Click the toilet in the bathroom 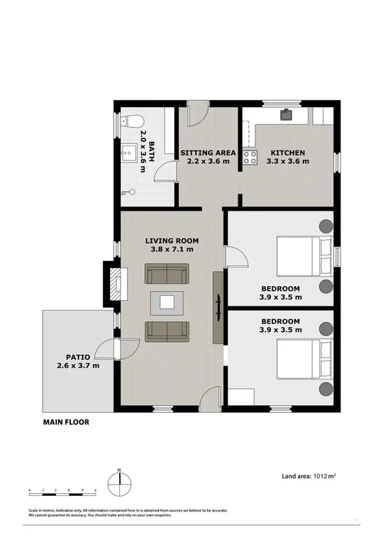coord(128,121)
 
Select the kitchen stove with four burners coord(250,157)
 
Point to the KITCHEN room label coord(287,153)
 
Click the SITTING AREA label coord(208,153)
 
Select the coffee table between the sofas coord(167,302)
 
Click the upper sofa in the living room coord(167,274)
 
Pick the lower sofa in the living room coord(167,331)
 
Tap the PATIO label coord(78,357)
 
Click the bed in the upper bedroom coord(304,256)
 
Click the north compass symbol coord(120,482)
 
